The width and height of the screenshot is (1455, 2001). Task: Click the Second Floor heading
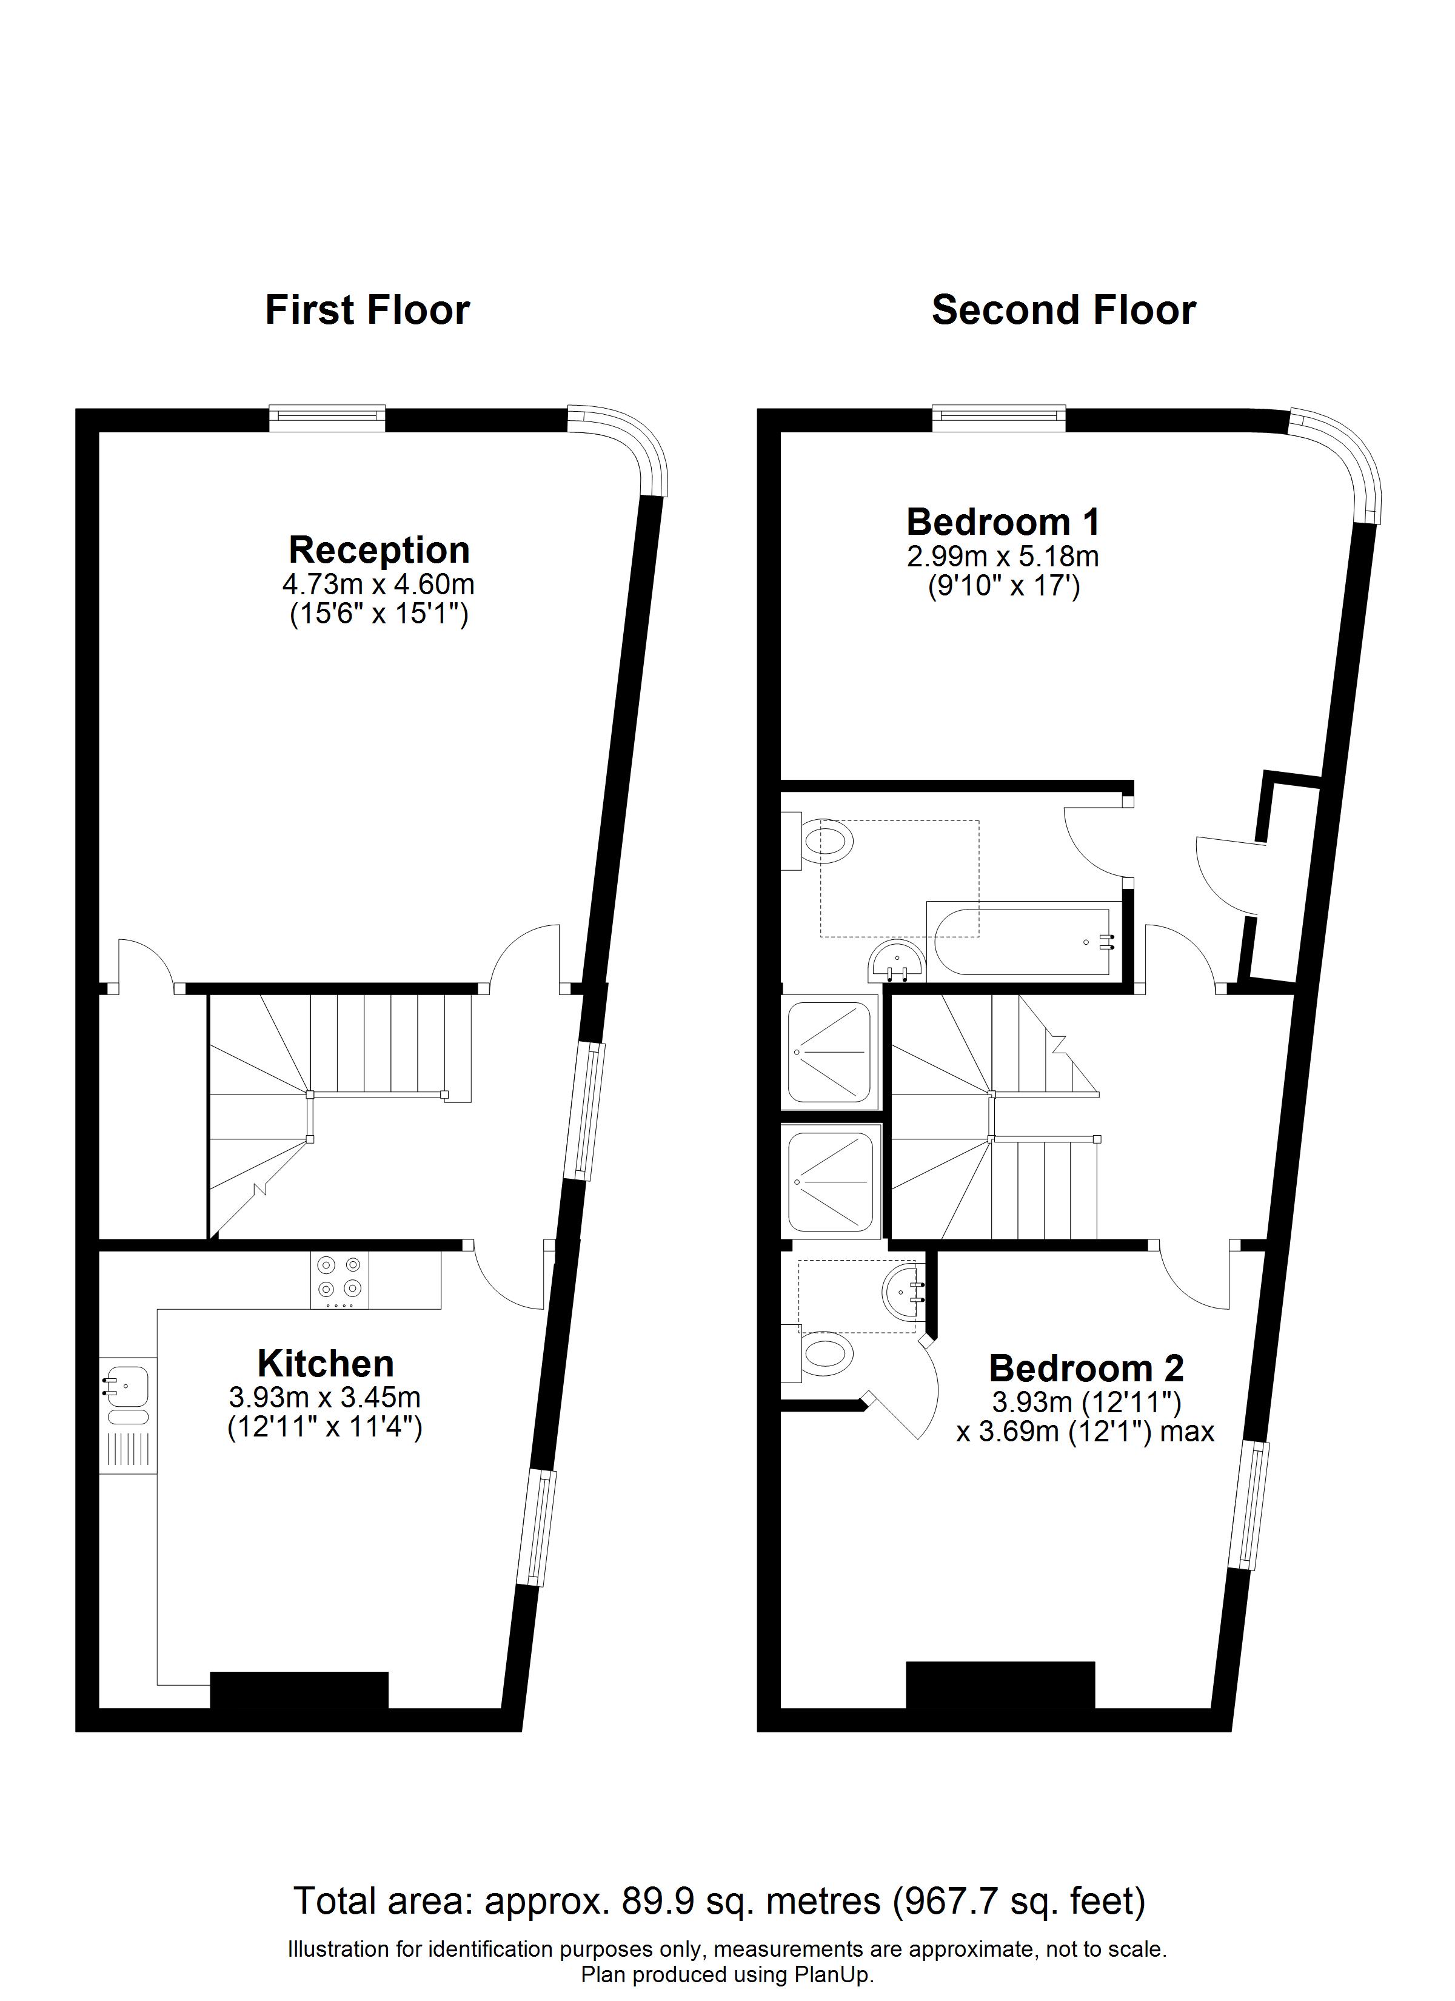point(1063,310)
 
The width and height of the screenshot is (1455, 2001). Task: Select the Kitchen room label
point(326,1363)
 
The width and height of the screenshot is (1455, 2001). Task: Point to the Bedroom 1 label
point(1003,521)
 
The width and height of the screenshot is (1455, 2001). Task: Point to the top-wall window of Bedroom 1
point(999,417)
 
